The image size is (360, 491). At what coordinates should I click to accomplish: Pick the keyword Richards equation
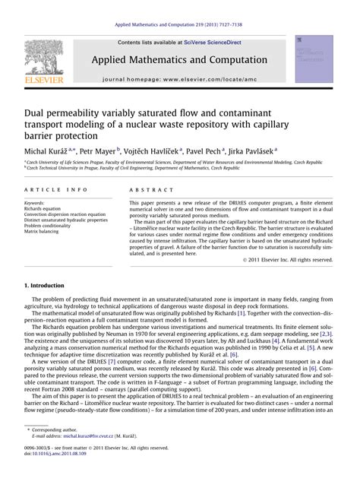click(46, 209)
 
